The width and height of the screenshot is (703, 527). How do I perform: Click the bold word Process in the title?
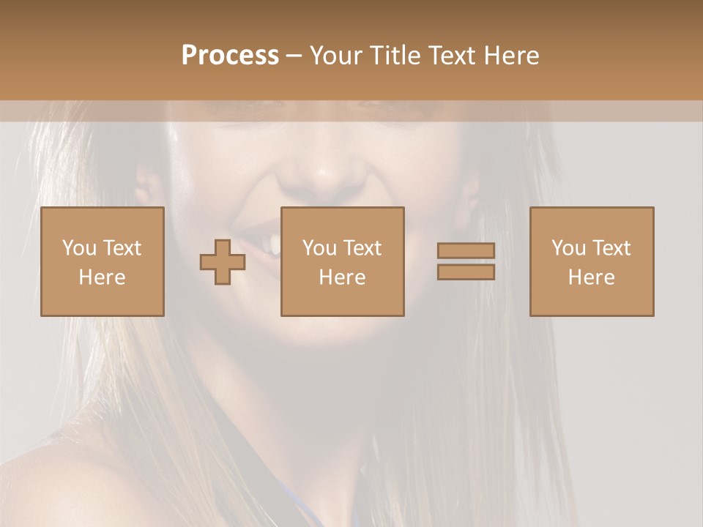230,56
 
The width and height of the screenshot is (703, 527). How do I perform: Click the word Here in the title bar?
513,56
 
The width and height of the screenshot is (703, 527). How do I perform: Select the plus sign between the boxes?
223,261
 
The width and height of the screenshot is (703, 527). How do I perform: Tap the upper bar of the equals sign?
466,250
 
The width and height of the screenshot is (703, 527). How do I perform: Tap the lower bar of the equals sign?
466,272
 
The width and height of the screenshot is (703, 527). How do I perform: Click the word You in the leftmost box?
78,248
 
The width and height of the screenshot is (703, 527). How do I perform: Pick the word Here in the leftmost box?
102,277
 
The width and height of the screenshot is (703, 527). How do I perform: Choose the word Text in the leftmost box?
122,248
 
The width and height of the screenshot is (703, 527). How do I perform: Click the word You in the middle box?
319,248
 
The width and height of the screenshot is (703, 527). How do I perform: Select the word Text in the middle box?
362,248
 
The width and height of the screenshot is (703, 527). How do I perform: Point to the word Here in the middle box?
342,277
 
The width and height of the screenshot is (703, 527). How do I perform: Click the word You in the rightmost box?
568,248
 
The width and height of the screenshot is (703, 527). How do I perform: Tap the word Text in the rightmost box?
611,248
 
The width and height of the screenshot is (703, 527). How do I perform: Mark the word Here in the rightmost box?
591,277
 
